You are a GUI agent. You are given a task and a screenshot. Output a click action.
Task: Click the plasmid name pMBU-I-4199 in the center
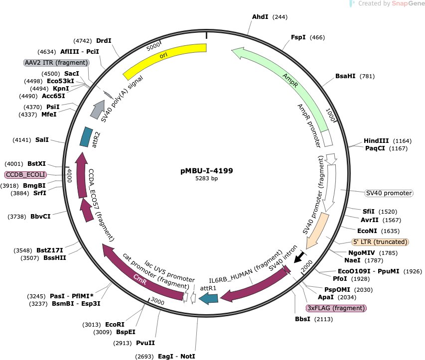coord(207,171)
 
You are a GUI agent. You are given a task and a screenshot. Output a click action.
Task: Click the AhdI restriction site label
coord(260,17)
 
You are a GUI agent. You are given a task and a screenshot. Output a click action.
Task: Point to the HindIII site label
coord(376,140)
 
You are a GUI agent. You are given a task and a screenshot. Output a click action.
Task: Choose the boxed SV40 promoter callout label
coord(389,193)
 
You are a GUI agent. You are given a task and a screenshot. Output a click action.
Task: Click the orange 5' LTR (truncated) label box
coord(380,242)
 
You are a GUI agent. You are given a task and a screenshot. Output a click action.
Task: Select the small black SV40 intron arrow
coord(299,257)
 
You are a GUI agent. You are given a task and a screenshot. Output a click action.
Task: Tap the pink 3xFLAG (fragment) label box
coord(336,308)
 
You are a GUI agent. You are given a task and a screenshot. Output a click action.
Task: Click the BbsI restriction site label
coord(302,319)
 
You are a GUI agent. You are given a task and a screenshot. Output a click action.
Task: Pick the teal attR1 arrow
coord(208,299)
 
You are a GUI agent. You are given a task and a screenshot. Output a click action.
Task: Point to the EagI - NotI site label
coord(176,356)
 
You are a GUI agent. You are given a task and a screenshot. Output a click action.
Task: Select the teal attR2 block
coord(86,137)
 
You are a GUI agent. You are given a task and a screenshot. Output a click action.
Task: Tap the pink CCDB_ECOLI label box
coord(25,175)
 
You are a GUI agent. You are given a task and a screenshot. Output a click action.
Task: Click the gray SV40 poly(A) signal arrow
coord(98,110)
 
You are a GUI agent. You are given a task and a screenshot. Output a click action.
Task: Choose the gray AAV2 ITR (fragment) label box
coord(56,63)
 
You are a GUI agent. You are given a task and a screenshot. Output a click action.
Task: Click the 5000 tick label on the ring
coord(153,47)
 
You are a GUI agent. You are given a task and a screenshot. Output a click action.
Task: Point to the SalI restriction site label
coord(42,140)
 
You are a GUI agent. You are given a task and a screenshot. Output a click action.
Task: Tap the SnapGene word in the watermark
coord(408,3)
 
